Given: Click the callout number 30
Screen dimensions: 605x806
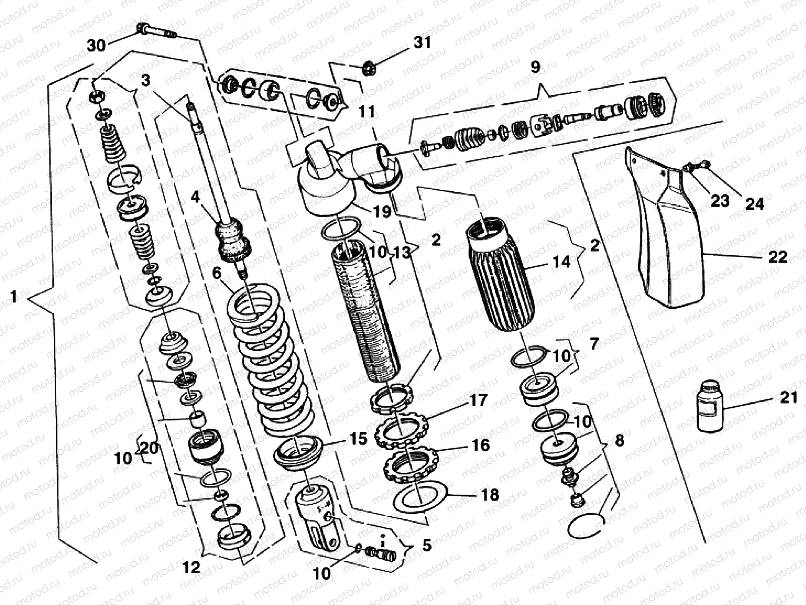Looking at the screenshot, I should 96,45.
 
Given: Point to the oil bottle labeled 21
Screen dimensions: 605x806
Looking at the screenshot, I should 710,405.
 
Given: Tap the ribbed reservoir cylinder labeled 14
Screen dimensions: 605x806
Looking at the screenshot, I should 501,277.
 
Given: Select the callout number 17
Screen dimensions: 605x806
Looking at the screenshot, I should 479,400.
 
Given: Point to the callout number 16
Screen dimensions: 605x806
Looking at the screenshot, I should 480,445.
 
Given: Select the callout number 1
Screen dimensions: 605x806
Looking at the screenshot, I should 14,297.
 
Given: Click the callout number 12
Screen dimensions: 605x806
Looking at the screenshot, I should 191,568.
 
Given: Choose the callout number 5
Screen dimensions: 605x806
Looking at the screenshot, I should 427,546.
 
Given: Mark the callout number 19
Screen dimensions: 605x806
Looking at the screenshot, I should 382,212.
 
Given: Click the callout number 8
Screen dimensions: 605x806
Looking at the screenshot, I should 619,440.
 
